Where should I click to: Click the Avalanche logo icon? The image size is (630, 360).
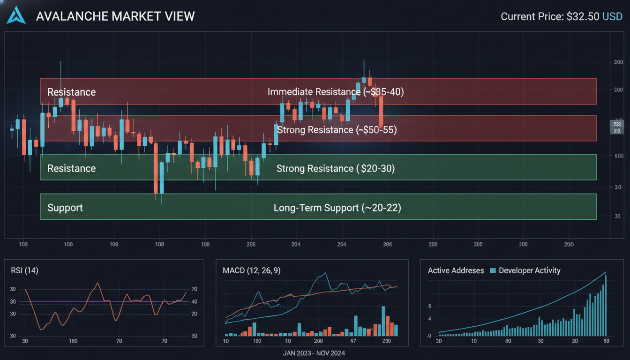(x=16, y=15)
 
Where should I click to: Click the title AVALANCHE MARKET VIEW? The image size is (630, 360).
(x=115, y=16)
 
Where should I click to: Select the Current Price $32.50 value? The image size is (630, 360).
(x=583, y=16)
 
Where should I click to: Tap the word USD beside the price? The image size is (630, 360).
(x=612, y=16)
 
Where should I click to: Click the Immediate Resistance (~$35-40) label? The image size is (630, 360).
(x=336, y=91)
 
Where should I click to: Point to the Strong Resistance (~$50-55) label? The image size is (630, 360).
(x=337, y=129)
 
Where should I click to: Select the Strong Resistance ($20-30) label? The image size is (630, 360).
(x=336, y=168)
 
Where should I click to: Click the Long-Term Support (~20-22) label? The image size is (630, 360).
(x=337, y=207)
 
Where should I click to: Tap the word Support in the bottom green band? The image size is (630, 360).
(x=65, y=207)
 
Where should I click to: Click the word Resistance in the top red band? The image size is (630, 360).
(x=71, y=92)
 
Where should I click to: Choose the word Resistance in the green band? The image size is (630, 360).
(x=71, y=168)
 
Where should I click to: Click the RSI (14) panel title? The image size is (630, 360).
(x=24, y=270)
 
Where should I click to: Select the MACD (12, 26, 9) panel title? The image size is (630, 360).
(x=251, y=270)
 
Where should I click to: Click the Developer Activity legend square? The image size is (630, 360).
(x=493, y=270)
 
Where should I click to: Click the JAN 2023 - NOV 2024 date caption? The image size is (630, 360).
(x=314, y=353)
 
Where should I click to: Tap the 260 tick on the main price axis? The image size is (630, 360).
(x=618, y=62)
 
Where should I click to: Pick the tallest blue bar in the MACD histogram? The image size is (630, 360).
(x=383, y=321)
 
